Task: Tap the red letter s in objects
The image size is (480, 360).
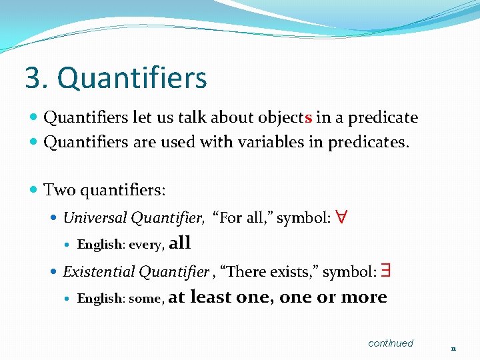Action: pyautogui.click(x=308, y=118)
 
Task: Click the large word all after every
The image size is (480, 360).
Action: pyautogui.click(x=180, y=243)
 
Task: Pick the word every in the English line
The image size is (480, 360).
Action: pyautogui.click(x=146, y=245)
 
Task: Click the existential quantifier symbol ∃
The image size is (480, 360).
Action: pyautogui.click(x=387, y=271)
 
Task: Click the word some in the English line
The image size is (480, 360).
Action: pyautogui.click(x=145, y=299)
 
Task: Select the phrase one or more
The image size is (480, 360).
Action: pyautogui.click(x=333, y=297)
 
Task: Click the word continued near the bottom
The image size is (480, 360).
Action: pyautogui.click(x=391, y=343)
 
